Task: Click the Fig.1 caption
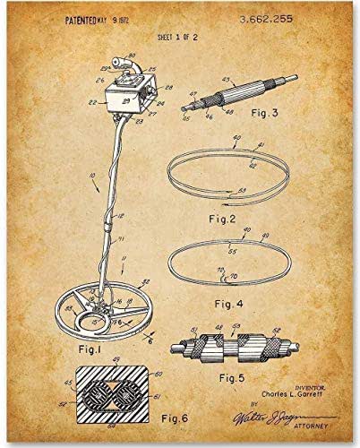(x=78, y=349)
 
